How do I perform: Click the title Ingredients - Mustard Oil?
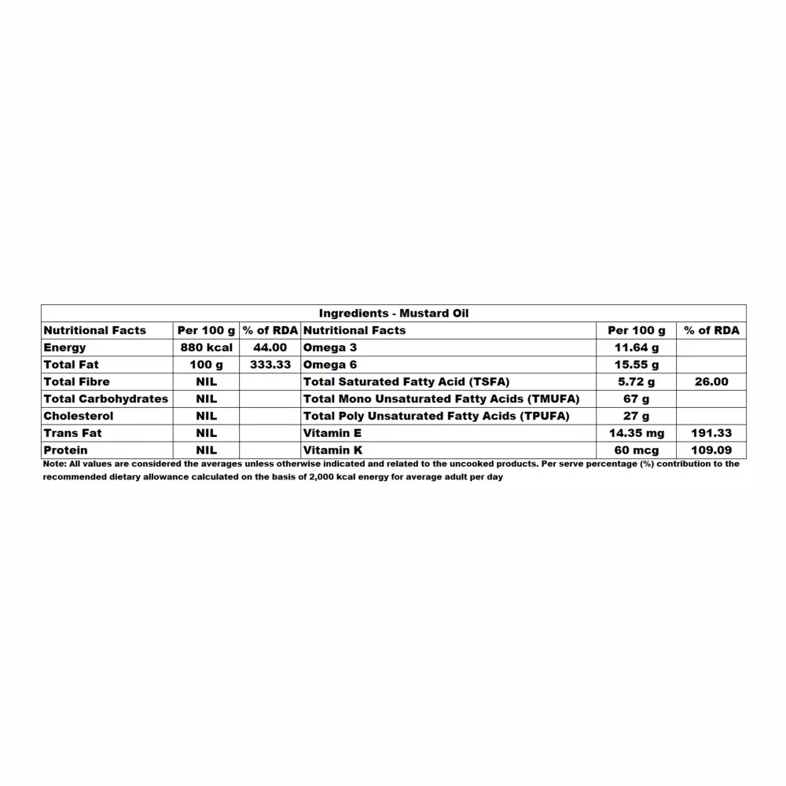[394, 313]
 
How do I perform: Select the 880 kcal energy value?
[207, 347]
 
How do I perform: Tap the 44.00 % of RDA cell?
[270, 347]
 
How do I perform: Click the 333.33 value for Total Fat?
[270, 365]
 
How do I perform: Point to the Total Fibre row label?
[76, 382]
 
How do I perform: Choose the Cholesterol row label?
[78, 416]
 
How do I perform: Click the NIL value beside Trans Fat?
[207, 433]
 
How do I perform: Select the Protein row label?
[65, 450]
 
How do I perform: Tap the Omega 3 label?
[330, 347]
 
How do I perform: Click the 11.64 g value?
[636, 347]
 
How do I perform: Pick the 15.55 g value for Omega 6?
[636, 365]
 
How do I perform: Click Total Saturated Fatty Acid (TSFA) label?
[406, 382]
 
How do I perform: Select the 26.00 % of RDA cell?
[711, 382]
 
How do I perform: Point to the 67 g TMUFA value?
[636, 399]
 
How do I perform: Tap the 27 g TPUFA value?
[636, 416]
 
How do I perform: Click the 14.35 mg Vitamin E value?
[636, 433]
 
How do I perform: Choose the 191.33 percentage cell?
[711, 433]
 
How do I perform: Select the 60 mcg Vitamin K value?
[636, 450]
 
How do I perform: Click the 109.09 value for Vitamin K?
[711, 450]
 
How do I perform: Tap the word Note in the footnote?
[53, 464]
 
